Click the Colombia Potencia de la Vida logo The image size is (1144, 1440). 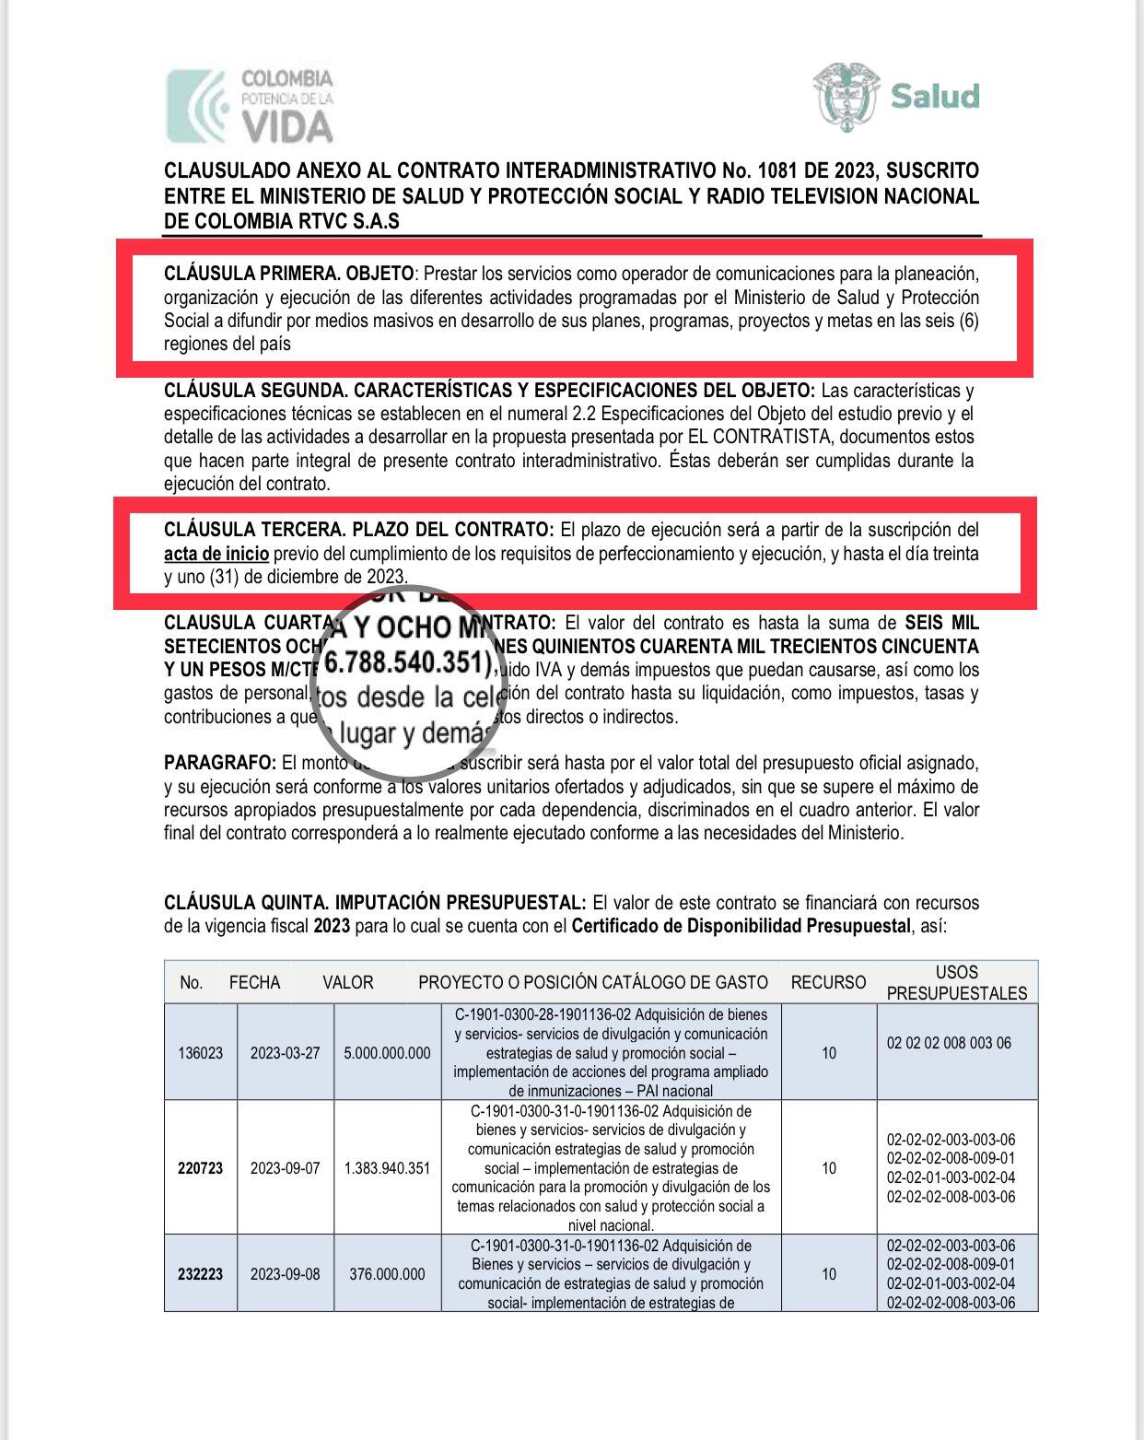250,106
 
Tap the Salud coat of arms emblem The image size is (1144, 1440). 846,96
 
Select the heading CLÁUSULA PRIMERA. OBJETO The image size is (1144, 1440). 288,274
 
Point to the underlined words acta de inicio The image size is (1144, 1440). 216,554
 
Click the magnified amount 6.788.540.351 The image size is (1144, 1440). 406,661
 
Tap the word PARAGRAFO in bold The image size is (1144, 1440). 220,763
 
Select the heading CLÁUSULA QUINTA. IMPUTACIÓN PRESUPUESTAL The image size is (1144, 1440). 375,902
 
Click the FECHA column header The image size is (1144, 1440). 254,982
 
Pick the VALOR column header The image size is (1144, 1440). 348,982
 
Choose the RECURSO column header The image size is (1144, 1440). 828,982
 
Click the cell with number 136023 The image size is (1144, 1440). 200,1052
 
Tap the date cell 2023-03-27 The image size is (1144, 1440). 286,1052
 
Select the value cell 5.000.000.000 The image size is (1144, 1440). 387,1052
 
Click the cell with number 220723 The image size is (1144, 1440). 200,1168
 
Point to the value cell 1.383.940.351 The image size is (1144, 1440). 387,1168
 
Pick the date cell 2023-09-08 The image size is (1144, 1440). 286,1274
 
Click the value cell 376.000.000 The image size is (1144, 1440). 387,1274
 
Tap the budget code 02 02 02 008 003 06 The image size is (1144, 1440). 949,1043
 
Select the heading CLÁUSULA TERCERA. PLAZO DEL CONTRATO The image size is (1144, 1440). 359,530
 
